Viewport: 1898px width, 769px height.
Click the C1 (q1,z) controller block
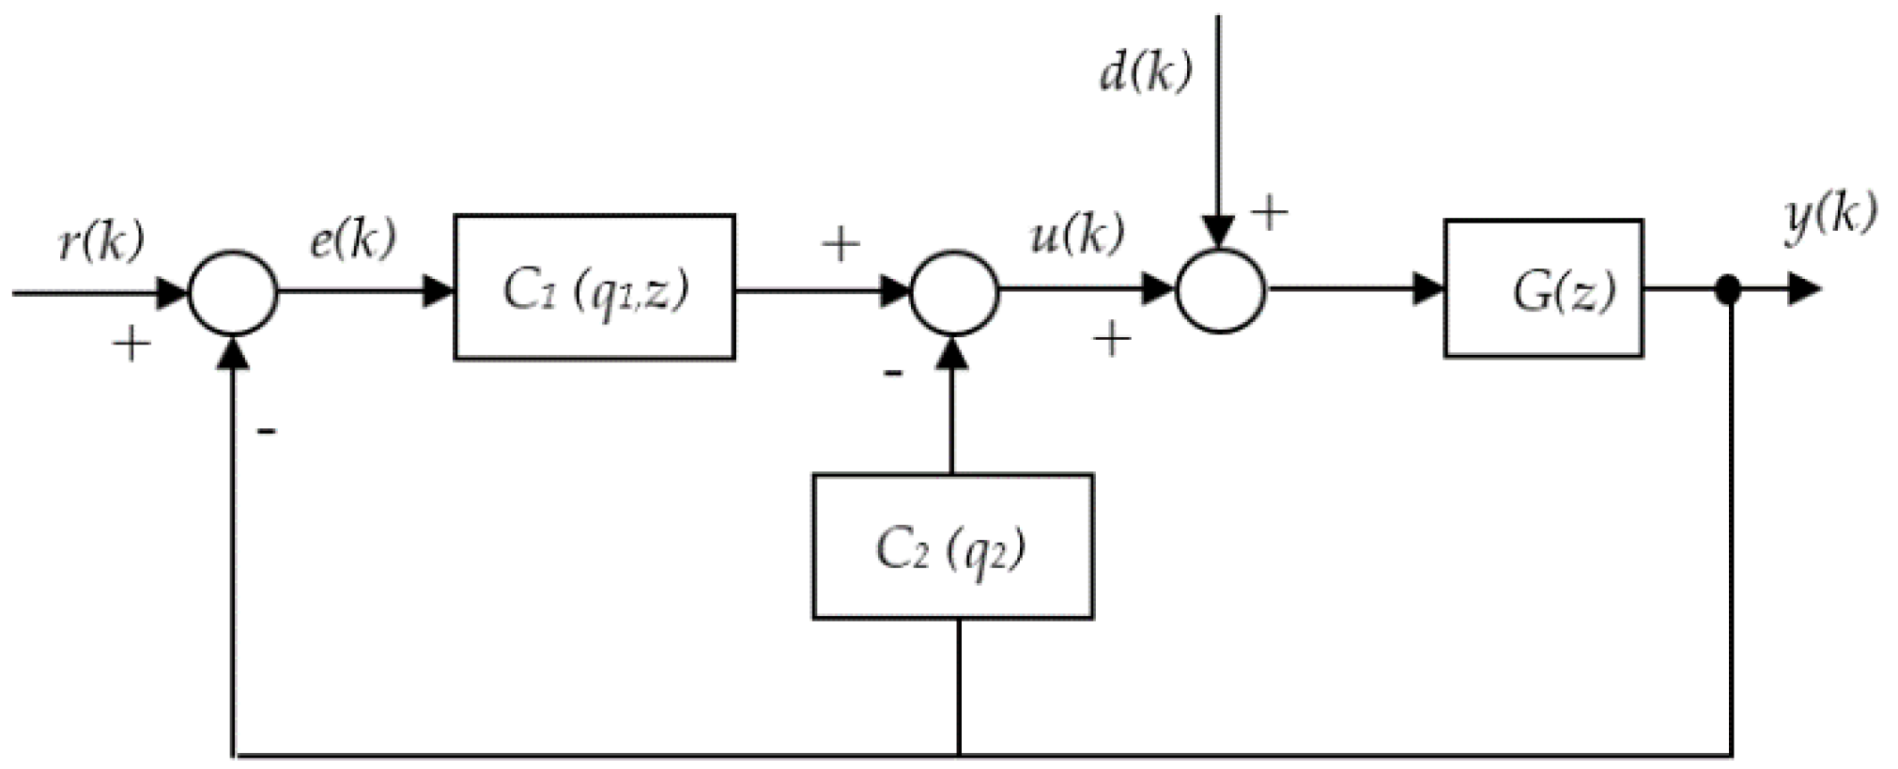(x=594, y=287)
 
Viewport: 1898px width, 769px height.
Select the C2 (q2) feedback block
(x=951, y=546)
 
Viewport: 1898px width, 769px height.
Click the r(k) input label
(x=101, y=242)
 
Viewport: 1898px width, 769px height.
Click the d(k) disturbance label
(x=1145, y=72)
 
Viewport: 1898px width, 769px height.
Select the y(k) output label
(x=1829, y=219)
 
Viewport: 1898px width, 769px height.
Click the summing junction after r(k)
(x=233, y=292)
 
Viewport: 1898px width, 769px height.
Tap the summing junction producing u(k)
(x=953, y=292)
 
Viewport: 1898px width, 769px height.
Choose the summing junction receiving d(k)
(x=1220, y=290)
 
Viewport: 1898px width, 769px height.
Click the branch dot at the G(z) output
(x=1727, y=290)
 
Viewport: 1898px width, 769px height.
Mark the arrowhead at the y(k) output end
(x=1803, y=290)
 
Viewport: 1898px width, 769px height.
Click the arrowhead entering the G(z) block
(x=1428, y=290)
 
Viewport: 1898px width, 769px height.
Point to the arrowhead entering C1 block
(x=439, y=291)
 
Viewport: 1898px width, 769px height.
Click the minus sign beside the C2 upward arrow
(x=892, y=375)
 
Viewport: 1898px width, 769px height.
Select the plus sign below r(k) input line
(x=131, y=345)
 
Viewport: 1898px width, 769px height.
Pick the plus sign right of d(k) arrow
(x=1269, y=214)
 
